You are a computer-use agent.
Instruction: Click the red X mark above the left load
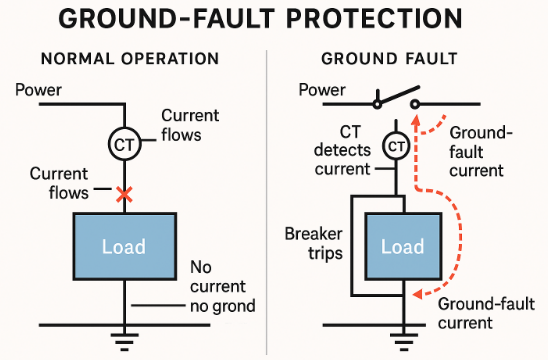[124, 195]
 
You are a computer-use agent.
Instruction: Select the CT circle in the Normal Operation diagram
[124, 144]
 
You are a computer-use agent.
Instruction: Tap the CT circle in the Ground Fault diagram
[396, 146]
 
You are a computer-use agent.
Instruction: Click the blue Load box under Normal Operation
[124, 246]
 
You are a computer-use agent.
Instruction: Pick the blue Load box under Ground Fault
[403, 246]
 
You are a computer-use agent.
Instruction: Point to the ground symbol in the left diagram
[124, 342]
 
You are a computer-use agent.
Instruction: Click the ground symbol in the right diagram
[404, 342]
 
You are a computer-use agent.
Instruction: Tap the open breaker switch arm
[398, 95]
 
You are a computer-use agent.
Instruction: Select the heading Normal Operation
[130, 58]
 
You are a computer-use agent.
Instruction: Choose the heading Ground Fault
[389, 58]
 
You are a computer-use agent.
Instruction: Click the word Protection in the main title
[374, 19]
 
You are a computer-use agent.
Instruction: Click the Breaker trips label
[313, 244]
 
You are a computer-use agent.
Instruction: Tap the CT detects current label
[342, 151]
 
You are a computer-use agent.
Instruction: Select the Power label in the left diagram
[38, 90]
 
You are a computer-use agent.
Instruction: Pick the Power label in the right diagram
[322, 90]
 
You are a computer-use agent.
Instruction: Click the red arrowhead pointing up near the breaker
[416, 121]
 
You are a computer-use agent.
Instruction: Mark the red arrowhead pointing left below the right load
[418, 294]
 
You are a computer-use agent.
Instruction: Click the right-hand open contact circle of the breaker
[415, 104]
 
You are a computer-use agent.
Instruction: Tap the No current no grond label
[223, 287]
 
